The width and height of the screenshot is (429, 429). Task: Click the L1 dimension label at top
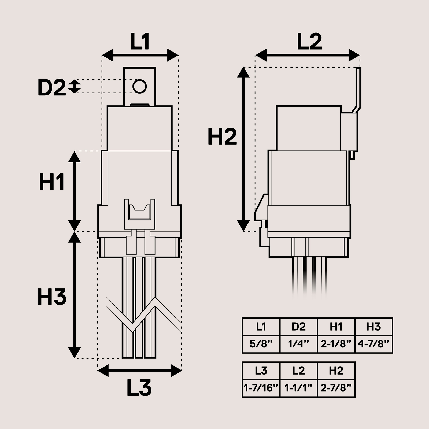pos(140,42)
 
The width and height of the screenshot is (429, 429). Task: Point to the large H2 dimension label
pos(222,137)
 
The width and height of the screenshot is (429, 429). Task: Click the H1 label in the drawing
pos(52,182)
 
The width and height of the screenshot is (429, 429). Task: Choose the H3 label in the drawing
pos(52,297)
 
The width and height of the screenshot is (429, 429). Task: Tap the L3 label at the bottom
pos(139,388)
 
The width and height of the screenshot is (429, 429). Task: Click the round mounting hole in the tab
pos(139,86)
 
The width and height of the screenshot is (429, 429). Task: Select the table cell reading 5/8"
pos(261,344)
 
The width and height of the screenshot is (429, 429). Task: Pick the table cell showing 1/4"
pos(298,344)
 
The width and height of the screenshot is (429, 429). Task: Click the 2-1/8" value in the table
pos(336,344)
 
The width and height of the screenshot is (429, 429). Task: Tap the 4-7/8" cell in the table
pos(373,344)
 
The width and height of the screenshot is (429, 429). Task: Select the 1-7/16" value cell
pos(261,388)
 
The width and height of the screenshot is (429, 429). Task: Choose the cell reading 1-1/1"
pos(298,388)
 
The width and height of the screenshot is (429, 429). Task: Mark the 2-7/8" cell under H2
pos(336,388)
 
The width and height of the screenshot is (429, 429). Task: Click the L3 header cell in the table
pos(261,371)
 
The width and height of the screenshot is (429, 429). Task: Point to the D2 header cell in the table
pos(298,327)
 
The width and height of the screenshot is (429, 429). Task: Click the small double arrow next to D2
pos(74,86)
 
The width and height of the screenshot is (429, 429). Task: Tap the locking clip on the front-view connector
pos(139,213)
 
